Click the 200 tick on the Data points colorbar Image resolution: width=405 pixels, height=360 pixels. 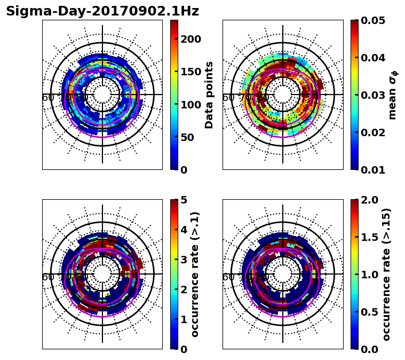click(190, 39)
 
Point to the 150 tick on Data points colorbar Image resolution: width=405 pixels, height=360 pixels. click(190, 72)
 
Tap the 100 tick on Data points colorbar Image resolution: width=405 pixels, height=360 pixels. click(190, 104)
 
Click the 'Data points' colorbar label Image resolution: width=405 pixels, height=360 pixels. click(209, 95)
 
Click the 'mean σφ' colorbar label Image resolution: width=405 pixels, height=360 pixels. click(392, 95)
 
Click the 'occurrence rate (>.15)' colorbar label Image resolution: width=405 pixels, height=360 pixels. click(386, 275)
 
